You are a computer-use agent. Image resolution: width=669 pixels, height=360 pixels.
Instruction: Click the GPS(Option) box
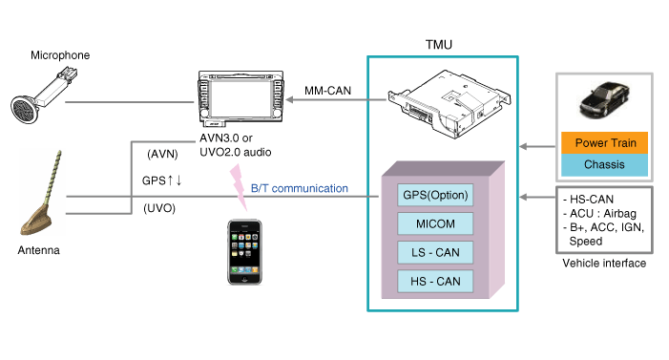pos(435,195)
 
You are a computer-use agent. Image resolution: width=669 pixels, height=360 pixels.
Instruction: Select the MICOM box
pos(435,223)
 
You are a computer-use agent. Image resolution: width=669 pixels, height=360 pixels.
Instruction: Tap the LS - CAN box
pos(435,252)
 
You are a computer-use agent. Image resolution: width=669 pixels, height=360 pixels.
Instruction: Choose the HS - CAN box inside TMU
pos(435,282)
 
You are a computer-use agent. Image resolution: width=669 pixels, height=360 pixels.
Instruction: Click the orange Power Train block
pos(604,142)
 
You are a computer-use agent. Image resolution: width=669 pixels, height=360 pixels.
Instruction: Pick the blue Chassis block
pos(604,165)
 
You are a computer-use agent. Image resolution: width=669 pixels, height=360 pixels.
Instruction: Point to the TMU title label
pos(439,45)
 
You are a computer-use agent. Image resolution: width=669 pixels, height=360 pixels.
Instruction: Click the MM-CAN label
pos(327,91)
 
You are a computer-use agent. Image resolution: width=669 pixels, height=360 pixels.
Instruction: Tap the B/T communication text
pos(300,188)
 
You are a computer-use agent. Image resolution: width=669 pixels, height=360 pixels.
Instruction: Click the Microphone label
pos(60,55)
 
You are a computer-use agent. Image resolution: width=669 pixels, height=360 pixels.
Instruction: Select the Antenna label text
pos(38,250)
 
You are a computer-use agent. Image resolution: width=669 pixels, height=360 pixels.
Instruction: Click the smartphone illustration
pos(244,252)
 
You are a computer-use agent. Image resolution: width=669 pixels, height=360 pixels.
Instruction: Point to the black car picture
pos(604,100)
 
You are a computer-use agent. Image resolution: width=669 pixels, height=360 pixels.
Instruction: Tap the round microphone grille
pos(25,110)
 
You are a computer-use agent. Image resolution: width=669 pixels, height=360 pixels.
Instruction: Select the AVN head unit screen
pos(240,98)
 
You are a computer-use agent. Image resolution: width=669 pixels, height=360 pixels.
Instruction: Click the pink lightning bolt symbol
pos(238,186)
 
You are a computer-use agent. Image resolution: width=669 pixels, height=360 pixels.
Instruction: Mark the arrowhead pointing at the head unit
pos(289,100)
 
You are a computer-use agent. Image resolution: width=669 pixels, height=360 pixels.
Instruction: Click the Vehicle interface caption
pos(604,263)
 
